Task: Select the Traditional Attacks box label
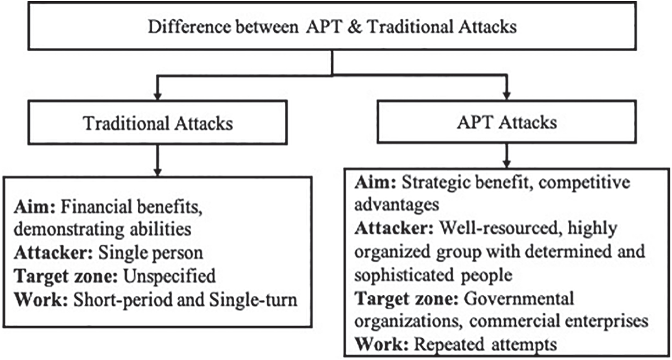[158, 123]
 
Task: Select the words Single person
[151, 252]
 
